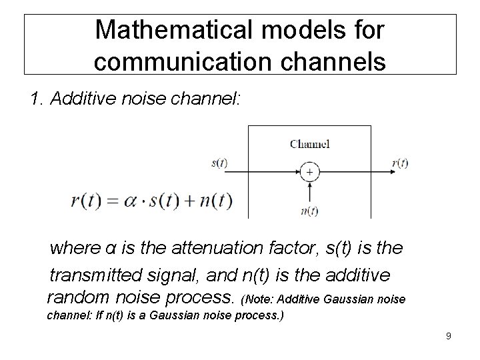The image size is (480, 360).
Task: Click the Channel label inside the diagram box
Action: [309, 143]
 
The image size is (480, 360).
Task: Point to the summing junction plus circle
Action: [309, 173]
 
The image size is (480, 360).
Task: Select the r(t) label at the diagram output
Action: [400, 163]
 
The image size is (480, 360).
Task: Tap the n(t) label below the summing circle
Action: [309, 211]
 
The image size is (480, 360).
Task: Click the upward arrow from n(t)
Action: [309, 193]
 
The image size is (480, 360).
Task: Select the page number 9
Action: [449, 335]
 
